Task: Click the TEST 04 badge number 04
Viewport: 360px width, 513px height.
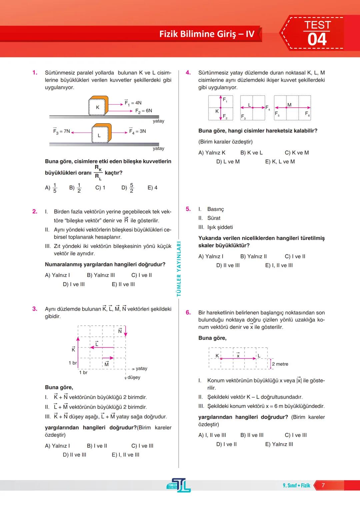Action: [317, 40]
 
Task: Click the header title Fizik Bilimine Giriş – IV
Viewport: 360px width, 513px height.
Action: [207, 34]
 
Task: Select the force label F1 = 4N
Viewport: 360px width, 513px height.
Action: [133, 103]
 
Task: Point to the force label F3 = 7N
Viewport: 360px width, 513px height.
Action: [62, 131]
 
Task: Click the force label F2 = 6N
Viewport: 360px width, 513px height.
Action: [144, 111]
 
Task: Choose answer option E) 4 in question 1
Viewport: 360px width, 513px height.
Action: [152, 188]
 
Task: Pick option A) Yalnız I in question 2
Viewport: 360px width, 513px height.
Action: [57, 275]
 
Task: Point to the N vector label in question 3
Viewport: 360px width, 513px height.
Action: [120, 331]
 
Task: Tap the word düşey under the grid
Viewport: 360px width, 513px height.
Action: [134, 377]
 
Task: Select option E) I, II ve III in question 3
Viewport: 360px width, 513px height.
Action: [125, 455]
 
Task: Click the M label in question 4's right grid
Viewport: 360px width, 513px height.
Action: [289, 105]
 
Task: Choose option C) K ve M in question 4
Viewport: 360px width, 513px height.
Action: [297, 153]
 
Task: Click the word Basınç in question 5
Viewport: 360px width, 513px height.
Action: [216, 209]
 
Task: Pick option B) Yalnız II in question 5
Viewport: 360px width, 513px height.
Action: [253, 256]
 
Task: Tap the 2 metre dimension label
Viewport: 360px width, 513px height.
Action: [280, 364]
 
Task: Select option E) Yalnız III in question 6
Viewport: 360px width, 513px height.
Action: [279, 444]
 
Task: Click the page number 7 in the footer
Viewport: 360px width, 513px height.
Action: [323, 485]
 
